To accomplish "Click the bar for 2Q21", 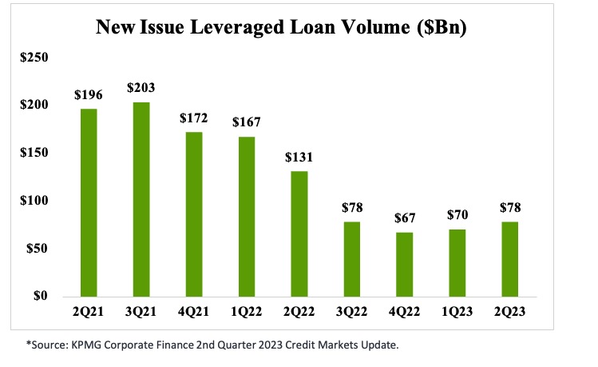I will click(x=89, y=202).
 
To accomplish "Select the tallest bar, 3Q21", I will click(x=141, y=199).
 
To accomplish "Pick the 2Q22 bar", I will click(x=299, y=233).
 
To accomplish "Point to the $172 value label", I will click(x=193, y=118).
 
